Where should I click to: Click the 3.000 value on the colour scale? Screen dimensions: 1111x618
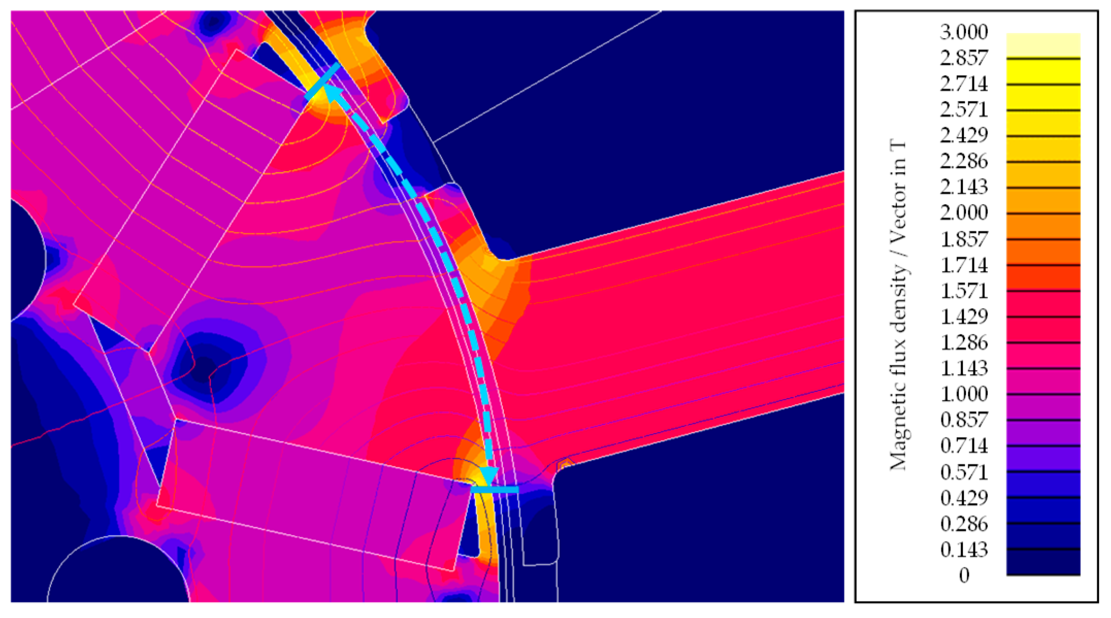coord(963,32)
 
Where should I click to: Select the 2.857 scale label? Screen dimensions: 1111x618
coord(963,58)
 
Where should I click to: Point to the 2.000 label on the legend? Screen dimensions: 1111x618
coord(963,213)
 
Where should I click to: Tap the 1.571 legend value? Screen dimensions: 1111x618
coord(963,291)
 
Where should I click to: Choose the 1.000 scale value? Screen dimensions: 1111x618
coord(963,394)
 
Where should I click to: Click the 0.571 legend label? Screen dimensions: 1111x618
coord(963,472)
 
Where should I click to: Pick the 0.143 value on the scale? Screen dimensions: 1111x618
coord(963,550)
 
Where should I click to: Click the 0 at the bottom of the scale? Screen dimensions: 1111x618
coord(964,575)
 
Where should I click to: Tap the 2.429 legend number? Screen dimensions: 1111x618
coord(963,135)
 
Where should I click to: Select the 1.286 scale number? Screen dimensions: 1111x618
coord(963,343)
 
